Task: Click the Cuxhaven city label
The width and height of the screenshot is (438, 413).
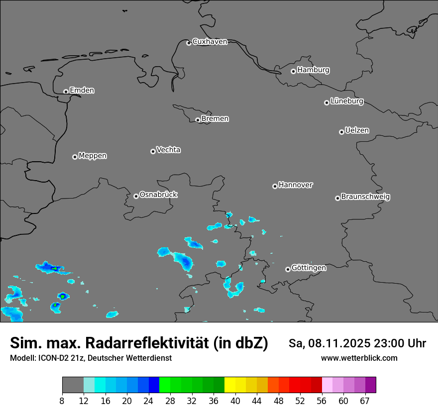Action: (210, 42)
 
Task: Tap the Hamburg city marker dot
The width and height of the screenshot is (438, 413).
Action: (293, 71)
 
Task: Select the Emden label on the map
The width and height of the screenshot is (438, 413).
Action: (82, 91)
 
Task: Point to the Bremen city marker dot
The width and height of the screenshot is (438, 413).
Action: (198, 120)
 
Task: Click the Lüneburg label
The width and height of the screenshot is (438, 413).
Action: (346, 102)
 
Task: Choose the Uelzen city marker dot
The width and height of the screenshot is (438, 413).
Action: (341, 132)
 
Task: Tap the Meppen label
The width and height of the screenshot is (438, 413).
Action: (93, 156)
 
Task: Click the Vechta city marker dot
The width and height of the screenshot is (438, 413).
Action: (153, 151)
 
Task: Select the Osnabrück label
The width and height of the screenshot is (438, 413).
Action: (158, 195)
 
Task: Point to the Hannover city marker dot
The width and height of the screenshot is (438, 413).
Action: (275, 186)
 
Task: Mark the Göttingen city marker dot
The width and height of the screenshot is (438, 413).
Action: (288, 269)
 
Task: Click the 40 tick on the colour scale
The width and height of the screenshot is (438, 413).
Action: (235, 400)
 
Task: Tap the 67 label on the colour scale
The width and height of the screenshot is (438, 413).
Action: (365, 400)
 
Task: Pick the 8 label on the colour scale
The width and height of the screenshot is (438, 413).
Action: (62, 400)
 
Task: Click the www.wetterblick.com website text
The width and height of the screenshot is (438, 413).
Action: (359, 358)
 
